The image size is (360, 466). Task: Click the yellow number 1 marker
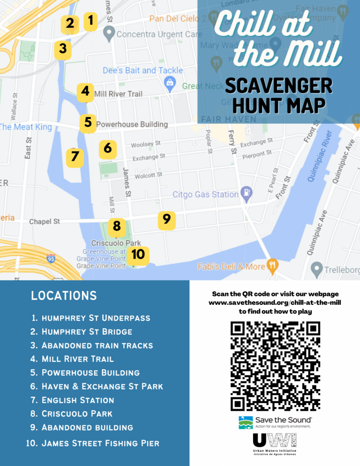coord(90,21)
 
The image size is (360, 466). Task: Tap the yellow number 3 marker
coord(63,49)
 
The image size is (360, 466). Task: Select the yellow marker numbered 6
coord(108,149)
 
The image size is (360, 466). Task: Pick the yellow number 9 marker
coord(166,219)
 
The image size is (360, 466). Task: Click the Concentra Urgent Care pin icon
coord(109,33)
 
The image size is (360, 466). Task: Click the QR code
coord(275,366)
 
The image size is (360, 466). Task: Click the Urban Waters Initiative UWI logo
coord(275,444)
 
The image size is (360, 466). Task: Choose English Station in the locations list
coord(78,400)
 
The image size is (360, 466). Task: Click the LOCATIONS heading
coord(64,296)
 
